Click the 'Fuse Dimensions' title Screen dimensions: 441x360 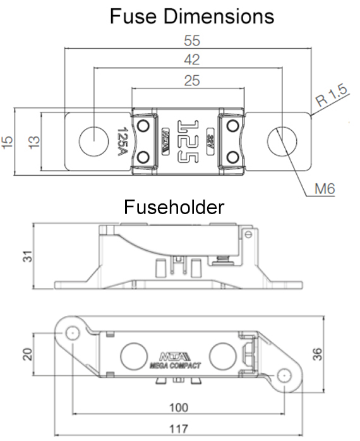tap(191, 15)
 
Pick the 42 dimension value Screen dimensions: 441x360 tap(190, 61)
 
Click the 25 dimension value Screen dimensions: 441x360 tap(189, 80)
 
